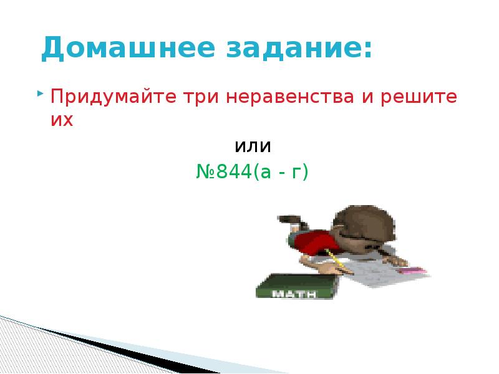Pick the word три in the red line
(x=198, y=98)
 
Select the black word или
(x=253, y=147)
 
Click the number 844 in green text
(x=235, y=171)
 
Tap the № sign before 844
(x=206, y=171)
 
